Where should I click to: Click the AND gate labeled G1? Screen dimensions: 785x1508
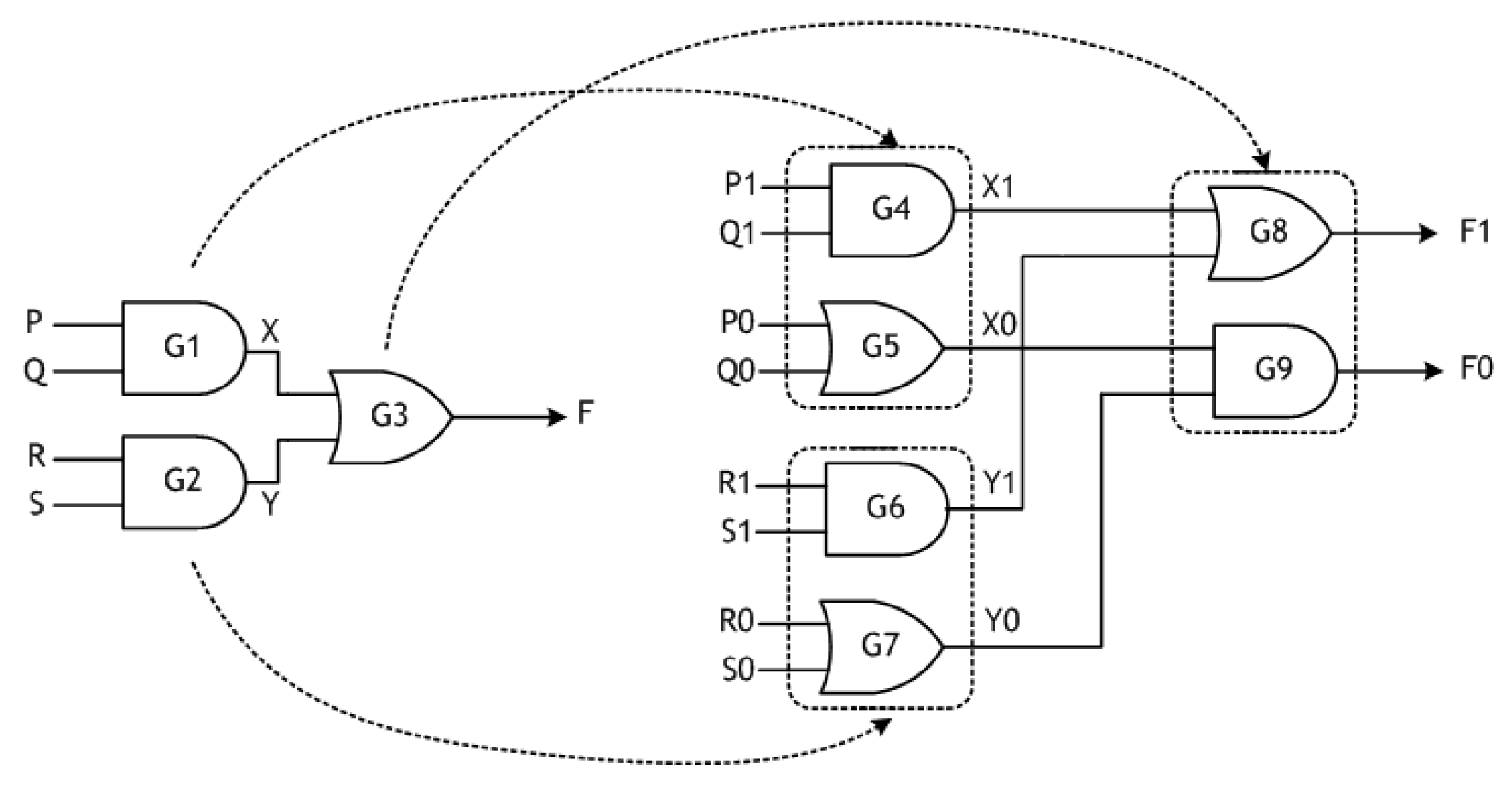(183, 348)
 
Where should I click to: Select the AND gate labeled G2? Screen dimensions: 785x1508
(183, 481)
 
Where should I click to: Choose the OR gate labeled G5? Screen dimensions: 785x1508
(881, 348)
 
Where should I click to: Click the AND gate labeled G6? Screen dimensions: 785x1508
(886, 509)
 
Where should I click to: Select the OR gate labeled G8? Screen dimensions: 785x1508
(1268, 233)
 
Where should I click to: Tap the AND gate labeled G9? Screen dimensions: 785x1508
(1273, 370)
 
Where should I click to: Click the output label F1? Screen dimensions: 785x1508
(1475, 232)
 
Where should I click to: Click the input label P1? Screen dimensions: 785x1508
(739, 186)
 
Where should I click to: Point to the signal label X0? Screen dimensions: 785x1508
(999, 326)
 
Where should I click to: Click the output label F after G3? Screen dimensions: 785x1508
(585, 415)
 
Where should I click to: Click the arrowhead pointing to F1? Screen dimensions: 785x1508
(1428, 233)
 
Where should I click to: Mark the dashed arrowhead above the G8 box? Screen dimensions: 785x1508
(1261, 164)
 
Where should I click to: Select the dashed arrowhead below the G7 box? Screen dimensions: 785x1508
(881, 727)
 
